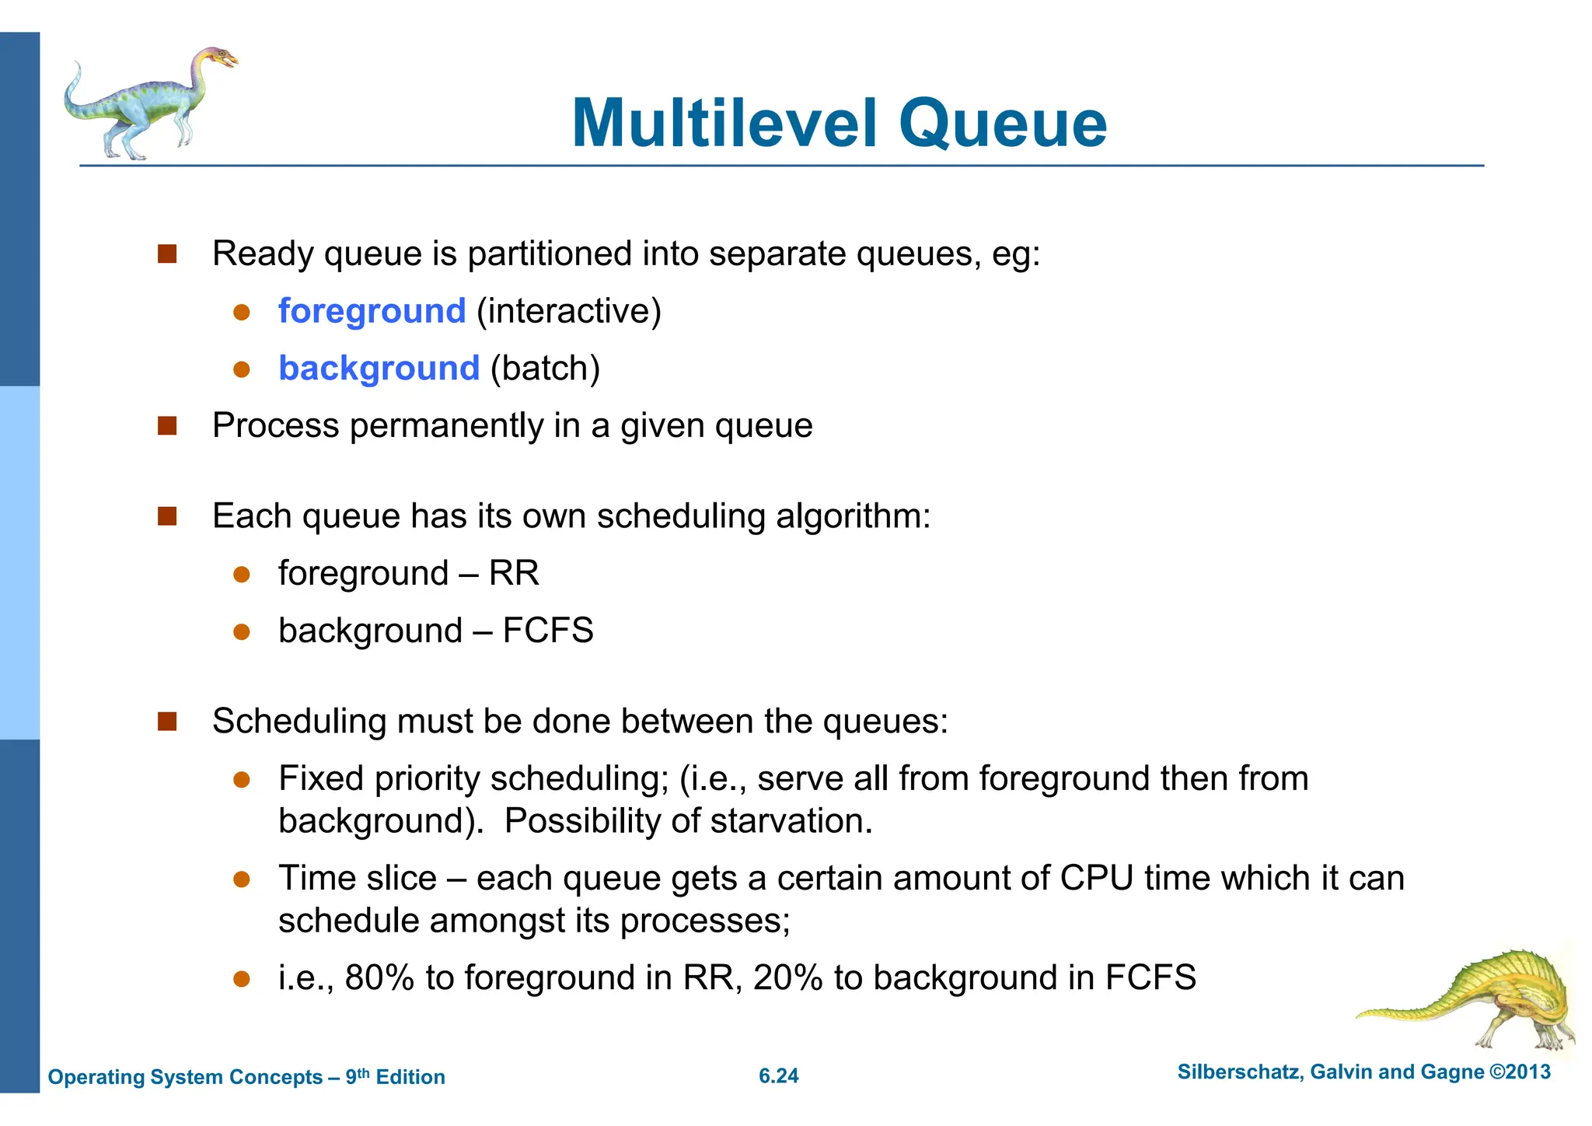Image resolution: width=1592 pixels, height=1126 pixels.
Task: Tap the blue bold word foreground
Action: [x=372, y=311]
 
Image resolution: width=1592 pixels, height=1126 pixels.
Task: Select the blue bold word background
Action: [x=379, y=369]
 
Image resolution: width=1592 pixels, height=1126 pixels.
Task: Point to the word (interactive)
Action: [x=569, y=311]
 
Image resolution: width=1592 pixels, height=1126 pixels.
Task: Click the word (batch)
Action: [x=545, y=369]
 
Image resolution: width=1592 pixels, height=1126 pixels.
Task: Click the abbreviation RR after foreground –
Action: [x=514, y=573]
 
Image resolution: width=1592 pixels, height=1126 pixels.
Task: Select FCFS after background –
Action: [x=548, y=631]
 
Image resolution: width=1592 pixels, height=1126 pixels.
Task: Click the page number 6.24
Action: [x=778, y=1076]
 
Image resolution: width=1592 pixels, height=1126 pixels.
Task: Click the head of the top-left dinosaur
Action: [x=220, y=58]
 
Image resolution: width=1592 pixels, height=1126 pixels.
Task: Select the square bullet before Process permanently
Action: [x=167, y=426]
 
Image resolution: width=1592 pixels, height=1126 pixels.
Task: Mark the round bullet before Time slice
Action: [x=242, y=879]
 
